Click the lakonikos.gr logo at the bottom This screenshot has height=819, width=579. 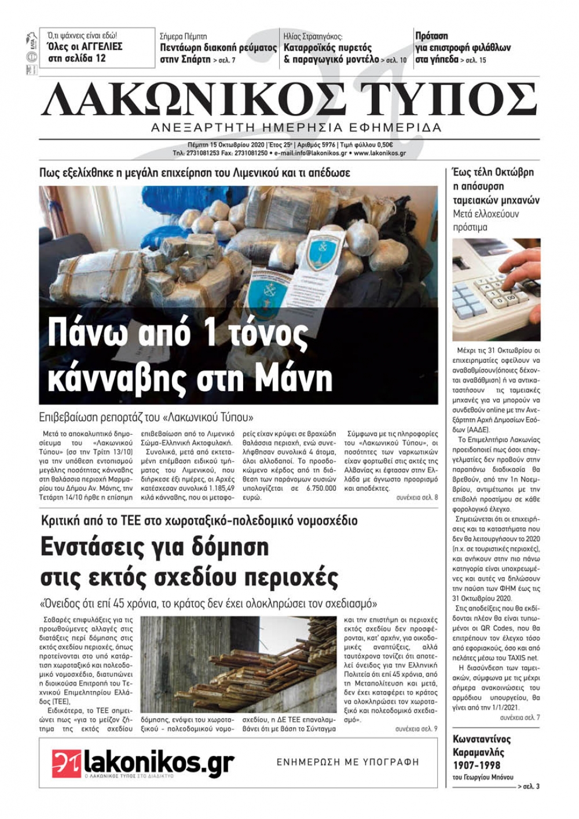pyautogui.click(x=143, y=763)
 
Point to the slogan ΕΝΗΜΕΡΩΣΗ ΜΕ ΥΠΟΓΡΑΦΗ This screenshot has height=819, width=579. pyautogui.click(x=347, y=762)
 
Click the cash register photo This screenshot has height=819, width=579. pyautogui.click(x=496, y=289)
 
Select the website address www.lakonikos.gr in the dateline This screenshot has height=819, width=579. pyautogui.click(x=379, y=153)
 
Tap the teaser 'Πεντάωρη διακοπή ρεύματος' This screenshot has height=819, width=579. pyautogui.click(x=218, y=47)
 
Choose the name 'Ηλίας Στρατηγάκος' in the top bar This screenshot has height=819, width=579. pyautogui.click(x=313, y=36)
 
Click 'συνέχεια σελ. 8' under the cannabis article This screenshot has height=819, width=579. pyautogui.click(x=417, y=498)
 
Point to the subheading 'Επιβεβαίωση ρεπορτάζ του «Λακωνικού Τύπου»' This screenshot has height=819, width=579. pyautogui.click(x=147, y=417)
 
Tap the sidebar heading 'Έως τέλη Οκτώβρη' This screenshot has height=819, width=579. pyautogui.click(x=493, y=172)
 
